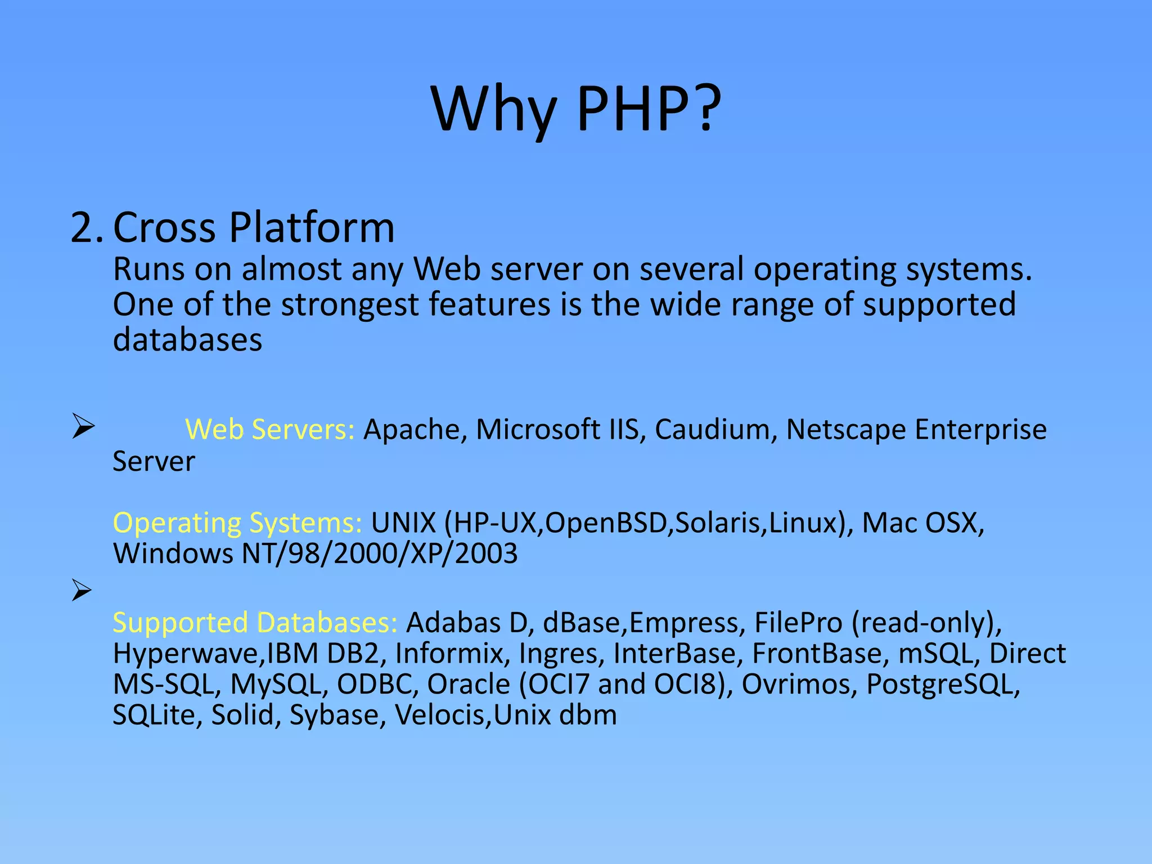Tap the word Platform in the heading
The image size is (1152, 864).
point(312,228)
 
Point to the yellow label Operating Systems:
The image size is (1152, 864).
point(237,523)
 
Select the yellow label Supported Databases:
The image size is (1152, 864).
point(255,623)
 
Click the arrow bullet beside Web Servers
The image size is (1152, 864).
point(83,427)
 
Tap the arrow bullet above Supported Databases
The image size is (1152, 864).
point(82,591)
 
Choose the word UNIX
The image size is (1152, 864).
point(403,523)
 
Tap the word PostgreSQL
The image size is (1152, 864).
point(943,685)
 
